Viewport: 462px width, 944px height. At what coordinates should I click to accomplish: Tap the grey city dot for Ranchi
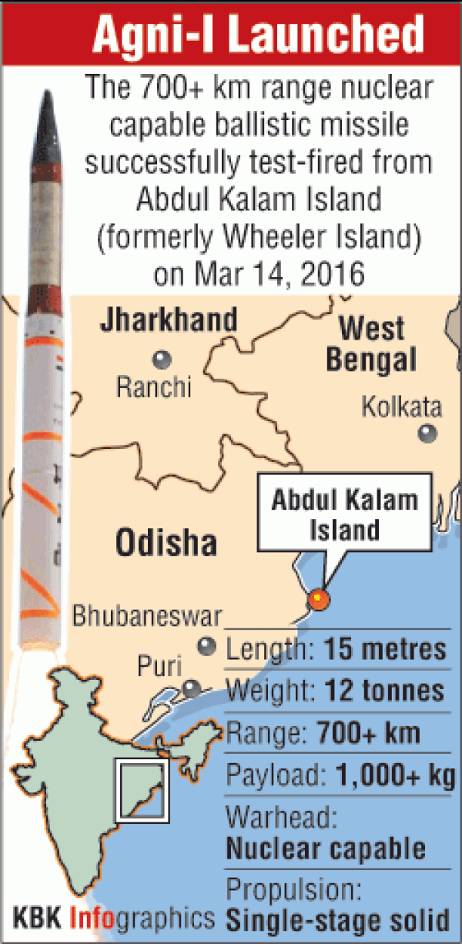[x=162, y=358]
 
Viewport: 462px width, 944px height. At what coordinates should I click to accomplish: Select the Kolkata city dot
[x=427, y=434]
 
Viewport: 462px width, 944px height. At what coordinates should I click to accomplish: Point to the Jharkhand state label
[x=169, y=320]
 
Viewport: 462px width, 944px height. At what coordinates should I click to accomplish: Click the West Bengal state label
[x=372, y=343]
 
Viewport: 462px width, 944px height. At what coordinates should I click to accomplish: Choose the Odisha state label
[x=166, y=544]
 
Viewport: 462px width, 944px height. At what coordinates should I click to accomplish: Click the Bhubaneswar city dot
[x=206, y=647]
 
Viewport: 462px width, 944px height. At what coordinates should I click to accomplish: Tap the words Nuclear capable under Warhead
[x=326, y=849]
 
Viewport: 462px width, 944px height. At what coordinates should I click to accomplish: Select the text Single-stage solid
[x=337, y=919]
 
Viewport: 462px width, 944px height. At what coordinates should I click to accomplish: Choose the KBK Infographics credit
[x=114, y=918]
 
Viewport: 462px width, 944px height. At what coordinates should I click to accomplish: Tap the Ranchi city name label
[x=153, y=387]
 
